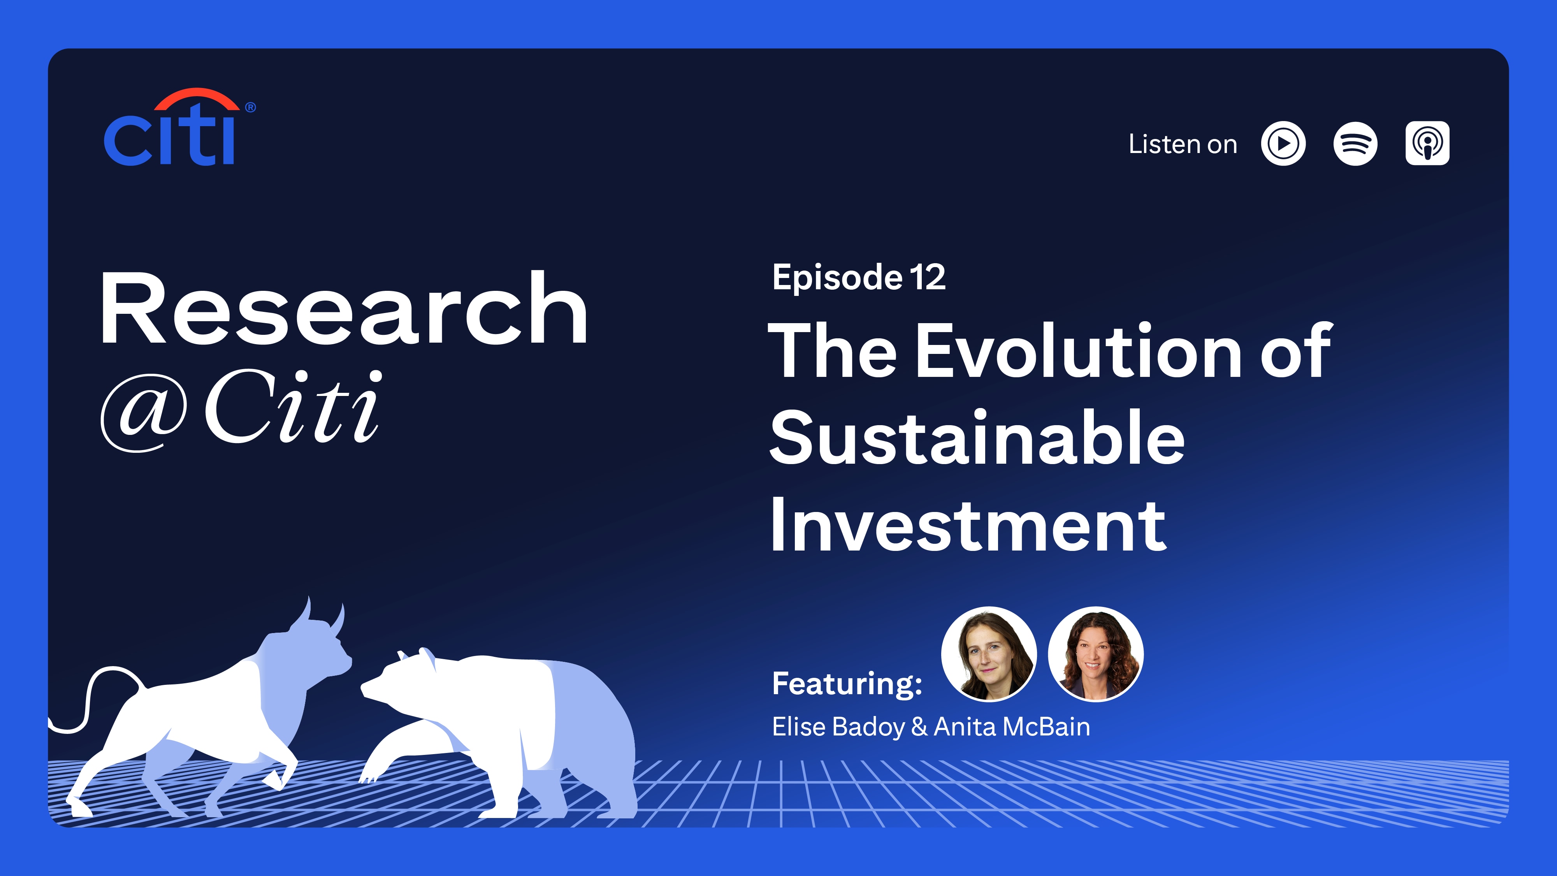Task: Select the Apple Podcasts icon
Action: (x=1427, y=143)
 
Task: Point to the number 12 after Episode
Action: (x=928, y=278)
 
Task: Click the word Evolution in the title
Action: (x=1079, y=351)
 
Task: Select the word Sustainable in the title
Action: (x=977, y=438)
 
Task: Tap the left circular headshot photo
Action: (x=989, y=654)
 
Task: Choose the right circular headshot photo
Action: (x=1095, y=654)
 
